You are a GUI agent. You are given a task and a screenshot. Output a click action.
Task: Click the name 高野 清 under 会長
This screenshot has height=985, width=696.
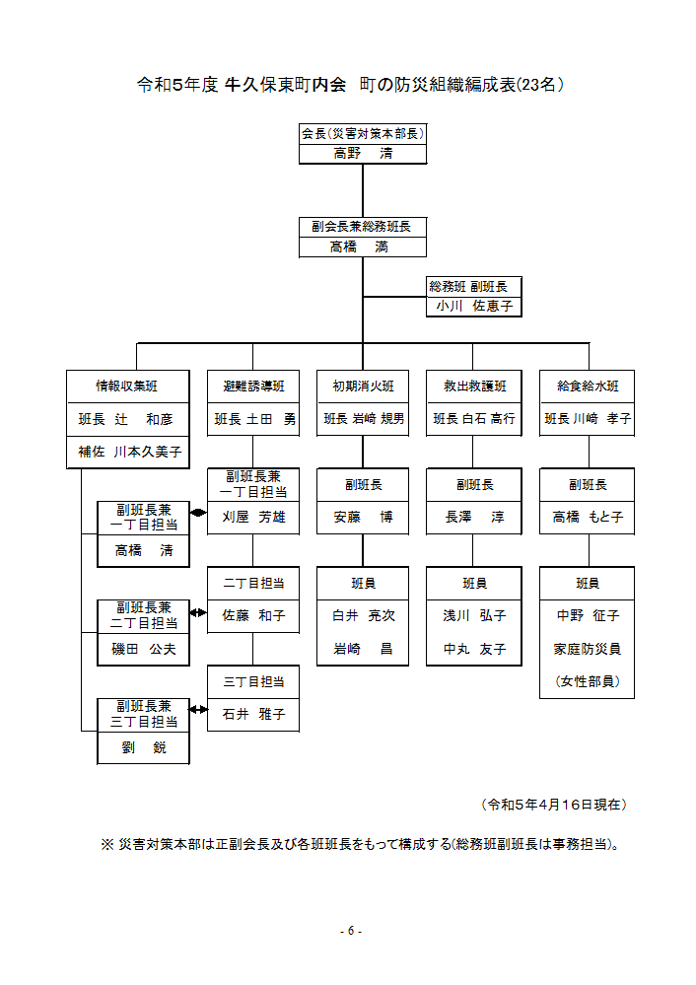pyautogui.click(x=362, y=153)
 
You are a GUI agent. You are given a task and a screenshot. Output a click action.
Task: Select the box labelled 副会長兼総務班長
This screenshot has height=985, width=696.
pyautogui.click(x=362, y=227)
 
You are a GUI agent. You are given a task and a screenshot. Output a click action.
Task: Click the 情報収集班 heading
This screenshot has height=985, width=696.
pyautogui.click(x=126, y=387)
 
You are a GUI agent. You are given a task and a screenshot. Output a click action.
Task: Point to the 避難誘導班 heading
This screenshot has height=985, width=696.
pyautogui.click(x=252, y=387)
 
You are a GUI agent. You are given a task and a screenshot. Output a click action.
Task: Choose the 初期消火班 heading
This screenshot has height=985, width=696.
pyautogui.click(x=363, y=387)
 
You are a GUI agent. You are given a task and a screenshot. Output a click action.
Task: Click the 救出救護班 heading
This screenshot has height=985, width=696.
pyautogui.click(x=473, y=387)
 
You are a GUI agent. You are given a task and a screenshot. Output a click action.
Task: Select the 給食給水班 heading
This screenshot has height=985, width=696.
pyautogui.click(x=588, y=387)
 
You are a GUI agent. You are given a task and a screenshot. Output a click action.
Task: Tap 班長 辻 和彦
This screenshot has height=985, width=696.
pyautogui.click(x=126, y=419)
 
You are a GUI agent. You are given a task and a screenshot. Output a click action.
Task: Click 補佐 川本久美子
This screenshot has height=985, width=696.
pyautogui.click(x=126, y=452)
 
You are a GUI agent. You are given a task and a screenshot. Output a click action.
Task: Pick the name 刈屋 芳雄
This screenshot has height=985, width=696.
pyautogui.click(x=252, y=517)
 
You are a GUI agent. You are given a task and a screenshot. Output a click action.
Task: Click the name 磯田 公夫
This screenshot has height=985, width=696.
pyautogui.click(x=142, y=650)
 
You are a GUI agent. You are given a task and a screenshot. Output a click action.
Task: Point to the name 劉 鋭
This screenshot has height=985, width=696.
pyautogui.click(x=142, y=747)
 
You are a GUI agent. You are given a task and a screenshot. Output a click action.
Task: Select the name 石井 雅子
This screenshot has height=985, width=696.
pyautogui.click(x=252, y=714)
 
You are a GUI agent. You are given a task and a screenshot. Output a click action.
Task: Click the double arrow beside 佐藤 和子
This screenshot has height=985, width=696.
pyautogui.click(x=198, y=613)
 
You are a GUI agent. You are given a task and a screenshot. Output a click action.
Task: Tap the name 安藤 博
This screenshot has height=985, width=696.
pyautogui.click(x=363, y=517)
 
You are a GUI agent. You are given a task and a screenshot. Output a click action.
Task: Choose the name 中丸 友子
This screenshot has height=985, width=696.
pyautogui.click(x=473, y=649)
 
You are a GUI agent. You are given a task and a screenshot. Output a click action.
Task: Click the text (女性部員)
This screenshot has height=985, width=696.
pyautogui.click(x=588, y=681)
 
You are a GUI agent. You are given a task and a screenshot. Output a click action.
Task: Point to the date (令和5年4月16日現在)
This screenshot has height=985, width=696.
pyautogui.click(x=554, y=805)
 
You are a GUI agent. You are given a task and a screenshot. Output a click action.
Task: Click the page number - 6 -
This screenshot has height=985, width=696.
pyautogui.click(x=349, y=931)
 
